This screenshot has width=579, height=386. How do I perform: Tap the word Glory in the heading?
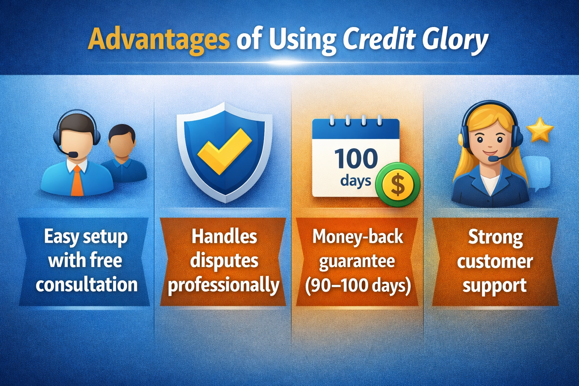coord(455,41)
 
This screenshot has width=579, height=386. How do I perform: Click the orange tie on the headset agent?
coord(77,181)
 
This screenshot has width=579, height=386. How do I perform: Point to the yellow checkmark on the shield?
coord(224,152)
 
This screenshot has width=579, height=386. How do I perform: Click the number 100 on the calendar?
coord(356,159)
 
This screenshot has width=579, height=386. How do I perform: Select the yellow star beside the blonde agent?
coord(540,129)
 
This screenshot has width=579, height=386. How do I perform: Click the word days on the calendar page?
coord(355,181)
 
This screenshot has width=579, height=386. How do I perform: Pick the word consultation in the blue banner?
coord(87,285)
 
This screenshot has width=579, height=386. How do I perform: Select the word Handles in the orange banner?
coord(224,237)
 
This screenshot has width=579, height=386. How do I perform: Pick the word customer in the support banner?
coord(495,262)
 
